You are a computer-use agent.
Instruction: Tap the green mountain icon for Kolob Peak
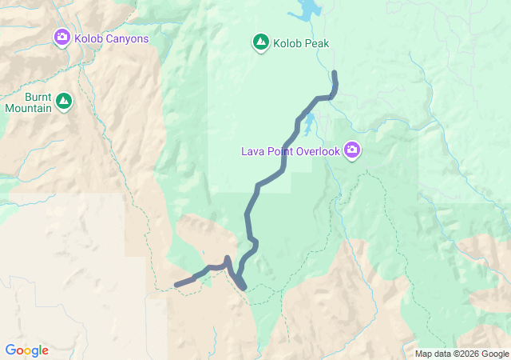click(x=260, y=43)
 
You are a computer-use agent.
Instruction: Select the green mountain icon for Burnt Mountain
click(x=64, y=102)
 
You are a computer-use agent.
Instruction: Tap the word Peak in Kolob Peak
click(x=317, y=44)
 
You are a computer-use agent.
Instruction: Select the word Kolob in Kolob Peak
click(x=288, y=44)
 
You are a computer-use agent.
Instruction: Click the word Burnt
click(x=28, y=96)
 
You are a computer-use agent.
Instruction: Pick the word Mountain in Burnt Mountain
click(x=28, y=108)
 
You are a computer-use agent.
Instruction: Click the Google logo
click(x=26, y=350)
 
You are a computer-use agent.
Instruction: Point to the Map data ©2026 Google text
click(x=461, y=354)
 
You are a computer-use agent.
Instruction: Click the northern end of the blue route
click(x=334, y=74)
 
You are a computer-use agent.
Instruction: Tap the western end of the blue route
click(x=177, y=285)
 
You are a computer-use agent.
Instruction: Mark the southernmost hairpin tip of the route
click(x=243, y=287)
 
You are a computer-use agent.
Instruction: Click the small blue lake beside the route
click(x=307, y=124)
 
